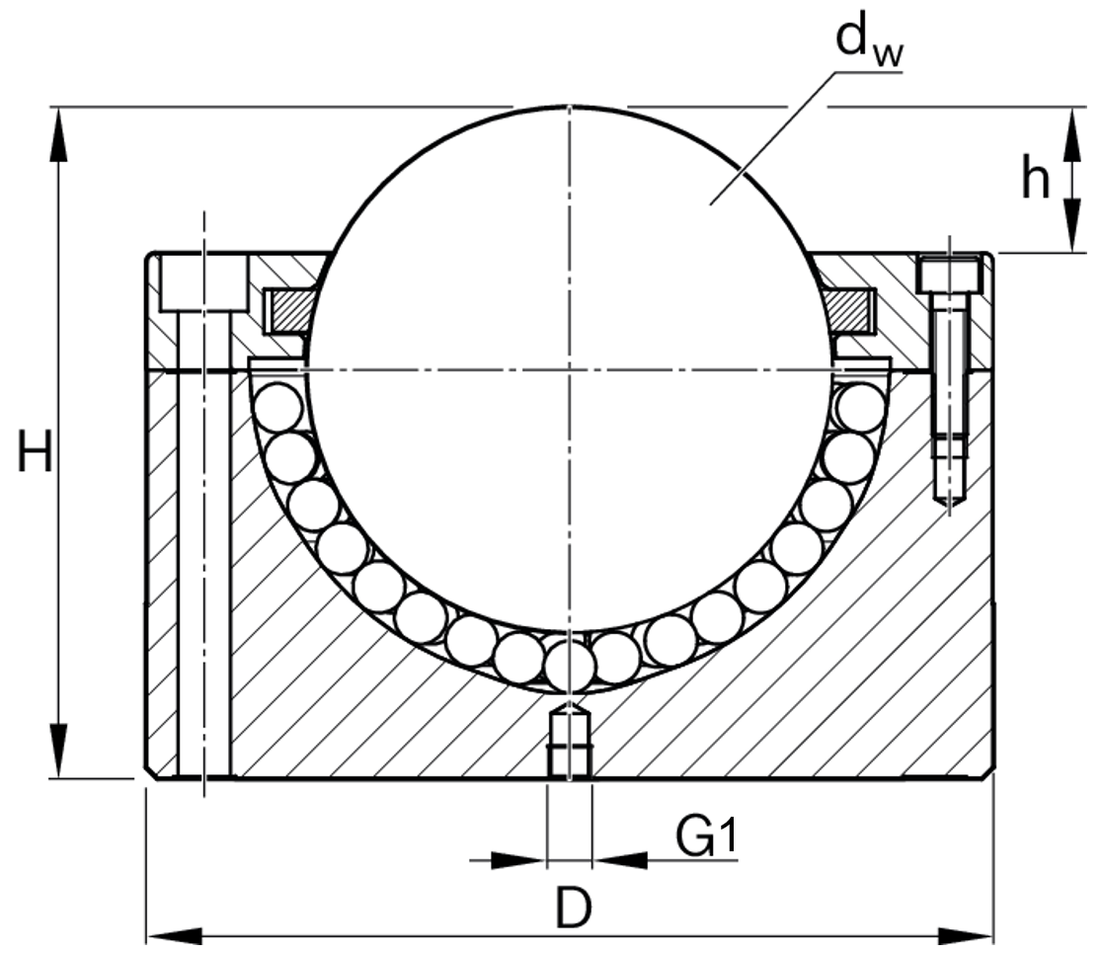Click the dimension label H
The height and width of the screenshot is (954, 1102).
tap(35, 450)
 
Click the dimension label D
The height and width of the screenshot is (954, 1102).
tap(573, 908)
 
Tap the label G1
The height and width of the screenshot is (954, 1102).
tap(706, 835)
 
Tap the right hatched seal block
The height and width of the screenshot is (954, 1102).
tap(849, 311)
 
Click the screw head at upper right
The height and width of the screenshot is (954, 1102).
tap(950, 275)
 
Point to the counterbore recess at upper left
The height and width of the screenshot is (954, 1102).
tap(204, 281)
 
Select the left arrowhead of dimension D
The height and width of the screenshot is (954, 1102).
tap(175, 935)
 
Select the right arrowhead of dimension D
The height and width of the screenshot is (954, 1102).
tap(965, 935)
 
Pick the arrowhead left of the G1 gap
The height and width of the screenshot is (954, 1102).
tap(518, 859)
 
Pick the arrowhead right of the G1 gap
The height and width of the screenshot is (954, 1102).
tap(620, 859)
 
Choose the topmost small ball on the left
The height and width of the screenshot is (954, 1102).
tap(279, 407)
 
